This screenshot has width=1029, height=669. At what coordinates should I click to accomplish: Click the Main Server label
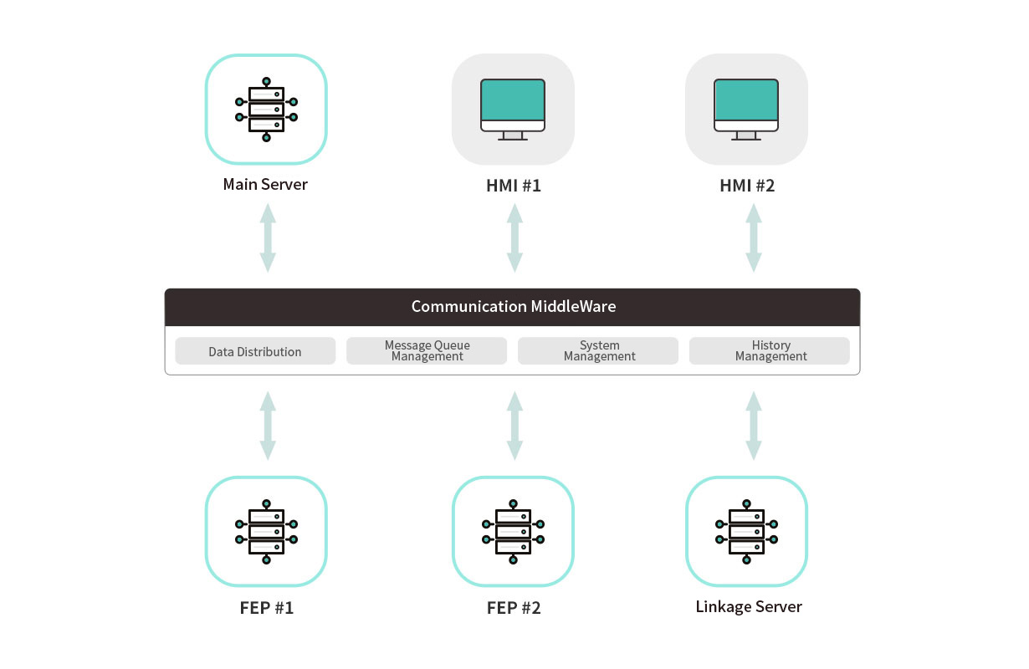point(265,184)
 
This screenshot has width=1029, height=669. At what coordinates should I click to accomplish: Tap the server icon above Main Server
point(266,110)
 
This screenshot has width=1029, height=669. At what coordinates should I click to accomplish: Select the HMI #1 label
point(514,186)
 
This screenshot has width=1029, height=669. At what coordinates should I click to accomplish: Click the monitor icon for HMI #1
point(513,110)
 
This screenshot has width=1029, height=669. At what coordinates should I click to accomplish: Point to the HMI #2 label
point(747,186)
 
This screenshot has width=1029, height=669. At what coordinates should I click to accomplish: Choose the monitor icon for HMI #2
point(746,110)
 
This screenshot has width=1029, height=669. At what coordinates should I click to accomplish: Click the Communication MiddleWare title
point(513,306)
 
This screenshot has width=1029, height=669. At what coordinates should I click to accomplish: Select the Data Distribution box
point(255,351)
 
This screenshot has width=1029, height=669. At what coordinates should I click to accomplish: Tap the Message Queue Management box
point(427,351)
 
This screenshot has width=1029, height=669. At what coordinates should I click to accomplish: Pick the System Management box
point(598,351)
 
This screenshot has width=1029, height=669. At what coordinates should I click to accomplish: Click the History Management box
point(770,351)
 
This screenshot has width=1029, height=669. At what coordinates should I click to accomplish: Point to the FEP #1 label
point(266,608)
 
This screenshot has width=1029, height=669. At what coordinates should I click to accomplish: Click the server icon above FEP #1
point(266,531)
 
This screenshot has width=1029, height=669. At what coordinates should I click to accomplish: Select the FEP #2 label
point(514,608)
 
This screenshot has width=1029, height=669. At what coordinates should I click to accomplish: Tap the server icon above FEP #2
point(513,531)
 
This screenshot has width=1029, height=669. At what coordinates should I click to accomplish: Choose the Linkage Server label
point(748,607)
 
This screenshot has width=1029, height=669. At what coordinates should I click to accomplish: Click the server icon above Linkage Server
point(746,531)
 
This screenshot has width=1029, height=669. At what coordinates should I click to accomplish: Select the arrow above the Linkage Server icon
point(754,426)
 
